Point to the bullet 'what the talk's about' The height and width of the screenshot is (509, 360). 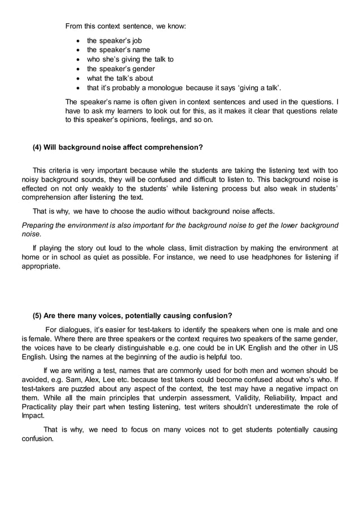(x=120, y=78)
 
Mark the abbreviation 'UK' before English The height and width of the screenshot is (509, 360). (x=239, y=348)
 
